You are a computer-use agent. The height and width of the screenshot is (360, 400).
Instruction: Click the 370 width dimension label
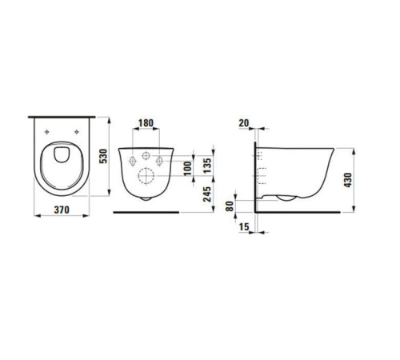(x=62, y=210)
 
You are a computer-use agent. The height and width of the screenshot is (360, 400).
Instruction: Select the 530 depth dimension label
(x=103, y=156)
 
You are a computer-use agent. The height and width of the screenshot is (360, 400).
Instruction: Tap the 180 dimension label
(x=146, y=123)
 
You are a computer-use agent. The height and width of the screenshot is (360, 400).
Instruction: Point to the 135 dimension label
(x=207, y=166)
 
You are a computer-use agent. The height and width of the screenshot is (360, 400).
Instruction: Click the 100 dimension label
(x=188, y=168)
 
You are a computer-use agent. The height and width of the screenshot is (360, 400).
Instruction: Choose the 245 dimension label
(x=207, y=194)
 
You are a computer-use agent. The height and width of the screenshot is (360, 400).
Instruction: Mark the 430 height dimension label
(x=348, y=180)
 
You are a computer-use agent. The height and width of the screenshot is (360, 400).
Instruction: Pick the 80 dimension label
(x=230, y=206)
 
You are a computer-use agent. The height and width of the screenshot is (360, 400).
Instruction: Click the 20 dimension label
(x=244, y=123)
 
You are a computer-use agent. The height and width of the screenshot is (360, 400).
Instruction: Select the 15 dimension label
(x=244, y=226)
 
